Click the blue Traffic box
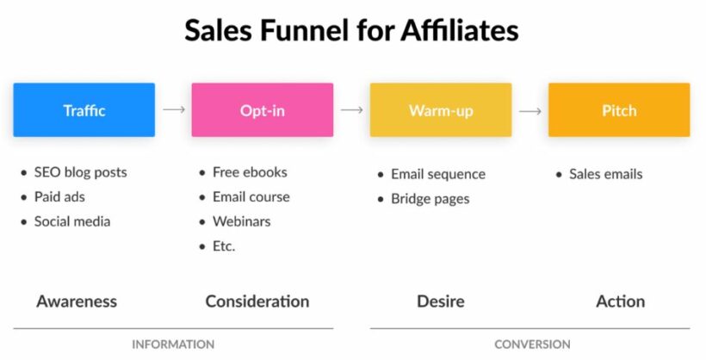(x=84, y=110)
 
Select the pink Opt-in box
(x=263, y=110)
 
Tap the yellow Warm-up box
(x=441, y=110)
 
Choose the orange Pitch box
(x=619, y=110)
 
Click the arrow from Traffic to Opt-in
(x=174, y=110)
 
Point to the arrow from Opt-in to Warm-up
(x=351, y=110)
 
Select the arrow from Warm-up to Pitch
(x=530, y=110)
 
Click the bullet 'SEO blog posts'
(x=80, y=172)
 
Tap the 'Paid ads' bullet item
(x=59, y=196)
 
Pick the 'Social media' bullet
(x=72, y=221)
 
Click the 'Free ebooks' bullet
(x=250, y=172)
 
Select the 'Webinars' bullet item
(x=241, y=221)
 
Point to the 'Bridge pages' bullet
(x=430, y=199)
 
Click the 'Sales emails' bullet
(x=605, y=174)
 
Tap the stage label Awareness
(x=77, y=301)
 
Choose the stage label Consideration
(x=257, y=301)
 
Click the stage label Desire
(x=441, y=301)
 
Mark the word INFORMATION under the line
(x=173, y=344)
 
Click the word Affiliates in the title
(x=459, y=32)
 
